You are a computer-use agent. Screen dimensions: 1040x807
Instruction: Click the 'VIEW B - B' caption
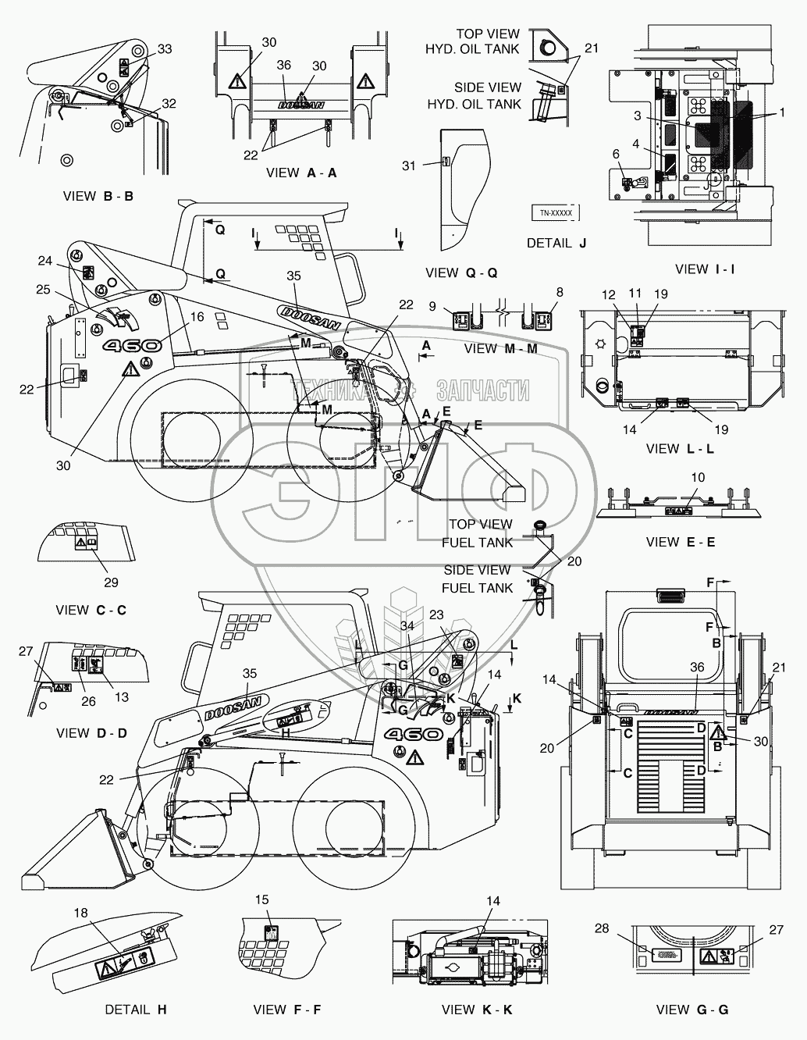point(98,196)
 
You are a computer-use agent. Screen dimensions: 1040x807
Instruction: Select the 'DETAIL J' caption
point(556,243)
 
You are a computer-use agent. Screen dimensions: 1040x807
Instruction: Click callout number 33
point(165,49)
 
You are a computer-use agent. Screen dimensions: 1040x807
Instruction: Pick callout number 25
point(43,290)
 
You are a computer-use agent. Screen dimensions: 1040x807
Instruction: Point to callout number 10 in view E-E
point(697,498)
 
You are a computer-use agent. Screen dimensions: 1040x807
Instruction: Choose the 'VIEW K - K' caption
point(476,1010)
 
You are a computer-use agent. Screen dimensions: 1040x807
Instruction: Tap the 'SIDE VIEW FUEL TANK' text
point(478,579)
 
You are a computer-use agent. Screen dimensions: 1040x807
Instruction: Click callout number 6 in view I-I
point(615,155)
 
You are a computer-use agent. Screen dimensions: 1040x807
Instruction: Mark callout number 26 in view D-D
point(88,701)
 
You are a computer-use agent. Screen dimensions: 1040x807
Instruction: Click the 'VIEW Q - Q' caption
point(461,272)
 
